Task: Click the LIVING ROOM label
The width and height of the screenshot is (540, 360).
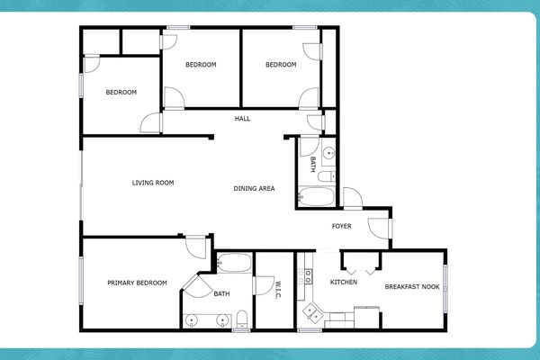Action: (x=152, y=183)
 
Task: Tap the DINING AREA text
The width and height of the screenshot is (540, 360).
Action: (x=254, y=188)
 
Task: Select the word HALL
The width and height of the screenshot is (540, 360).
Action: (x=242, y=118)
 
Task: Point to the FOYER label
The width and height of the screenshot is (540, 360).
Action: (x=342, y=226)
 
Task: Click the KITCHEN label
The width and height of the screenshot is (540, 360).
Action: (x=344, y=283)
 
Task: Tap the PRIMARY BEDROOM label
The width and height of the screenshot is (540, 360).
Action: (x=137, y=283)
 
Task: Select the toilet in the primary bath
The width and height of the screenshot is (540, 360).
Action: (x=242, y=317)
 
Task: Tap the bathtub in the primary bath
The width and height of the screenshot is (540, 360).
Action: (x=235, y=264)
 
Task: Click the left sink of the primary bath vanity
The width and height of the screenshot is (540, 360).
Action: (x=192, y=319)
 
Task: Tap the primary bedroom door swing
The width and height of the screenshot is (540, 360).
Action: (x=193, y=247)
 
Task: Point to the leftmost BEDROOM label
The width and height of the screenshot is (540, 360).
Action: (x=121, y=93)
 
